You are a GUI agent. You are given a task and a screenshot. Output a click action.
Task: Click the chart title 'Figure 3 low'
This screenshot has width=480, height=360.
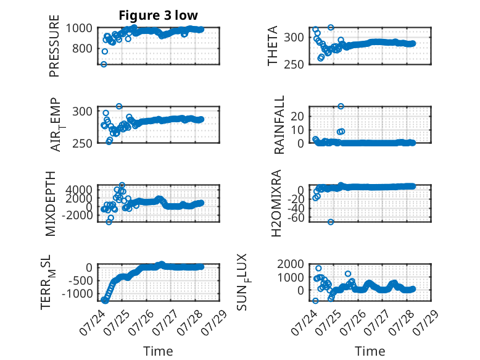point(159,15)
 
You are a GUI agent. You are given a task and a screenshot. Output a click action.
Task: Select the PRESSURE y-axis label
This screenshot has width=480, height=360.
point(54,46)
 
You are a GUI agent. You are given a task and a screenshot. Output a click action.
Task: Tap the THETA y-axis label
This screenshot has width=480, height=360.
point(272,46)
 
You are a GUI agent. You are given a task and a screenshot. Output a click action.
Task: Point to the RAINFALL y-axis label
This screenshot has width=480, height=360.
point(279,125)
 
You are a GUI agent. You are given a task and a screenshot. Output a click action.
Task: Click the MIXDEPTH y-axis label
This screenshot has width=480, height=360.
point(51,204)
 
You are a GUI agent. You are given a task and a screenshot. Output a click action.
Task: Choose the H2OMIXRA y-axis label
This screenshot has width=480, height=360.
point(276,203)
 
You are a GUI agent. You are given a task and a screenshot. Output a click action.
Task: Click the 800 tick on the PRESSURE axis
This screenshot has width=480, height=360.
point(82,48)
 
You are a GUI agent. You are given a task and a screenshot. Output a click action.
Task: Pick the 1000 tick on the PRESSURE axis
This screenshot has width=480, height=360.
point(79,28)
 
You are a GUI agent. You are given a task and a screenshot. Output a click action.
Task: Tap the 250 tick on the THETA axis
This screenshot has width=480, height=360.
point(294,64)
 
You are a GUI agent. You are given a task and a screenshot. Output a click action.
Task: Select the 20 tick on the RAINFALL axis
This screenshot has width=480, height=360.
point(297,116)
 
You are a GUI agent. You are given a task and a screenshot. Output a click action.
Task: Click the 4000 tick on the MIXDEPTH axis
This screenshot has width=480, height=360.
point(79,190)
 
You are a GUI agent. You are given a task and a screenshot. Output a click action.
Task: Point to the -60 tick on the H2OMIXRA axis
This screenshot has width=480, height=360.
point(296,217)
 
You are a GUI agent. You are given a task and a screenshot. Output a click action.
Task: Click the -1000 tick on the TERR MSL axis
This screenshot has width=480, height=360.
point(77,294)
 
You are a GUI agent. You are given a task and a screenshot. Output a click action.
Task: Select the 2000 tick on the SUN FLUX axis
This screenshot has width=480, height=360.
point(291,264)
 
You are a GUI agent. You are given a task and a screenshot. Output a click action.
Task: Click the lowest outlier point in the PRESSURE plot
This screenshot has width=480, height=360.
point(104,64)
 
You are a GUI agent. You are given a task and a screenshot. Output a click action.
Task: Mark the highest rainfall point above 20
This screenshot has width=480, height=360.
point(341,106)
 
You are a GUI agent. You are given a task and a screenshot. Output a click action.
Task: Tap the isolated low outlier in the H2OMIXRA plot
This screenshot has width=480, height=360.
point(331,222)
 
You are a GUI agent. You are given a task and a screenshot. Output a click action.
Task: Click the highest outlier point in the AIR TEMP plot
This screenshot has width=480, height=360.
point(119,106)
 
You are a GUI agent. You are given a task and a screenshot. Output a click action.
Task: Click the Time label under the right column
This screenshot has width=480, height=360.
point(370,351)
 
